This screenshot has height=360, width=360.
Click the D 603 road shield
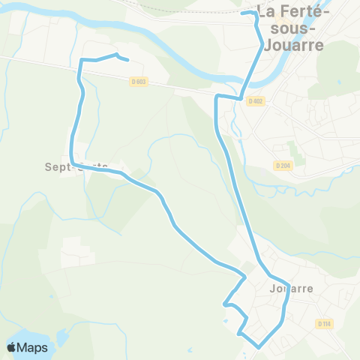(x=137, y=82)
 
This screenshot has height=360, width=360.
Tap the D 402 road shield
(x=256, y=100)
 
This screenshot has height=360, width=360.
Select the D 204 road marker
(x=282, y=165)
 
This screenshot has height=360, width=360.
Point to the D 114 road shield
(x=323, y=323)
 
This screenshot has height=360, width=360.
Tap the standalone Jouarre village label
(x=289, y=287)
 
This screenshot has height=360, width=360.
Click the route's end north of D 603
(x=128, y=60)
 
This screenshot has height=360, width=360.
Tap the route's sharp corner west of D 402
(x=217, y=97)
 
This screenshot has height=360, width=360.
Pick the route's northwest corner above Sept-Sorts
(x=81, y=61)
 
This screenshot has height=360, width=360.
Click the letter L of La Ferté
(x=262, y=12)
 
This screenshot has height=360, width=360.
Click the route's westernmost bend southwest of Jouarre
(x=224, y=304)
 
